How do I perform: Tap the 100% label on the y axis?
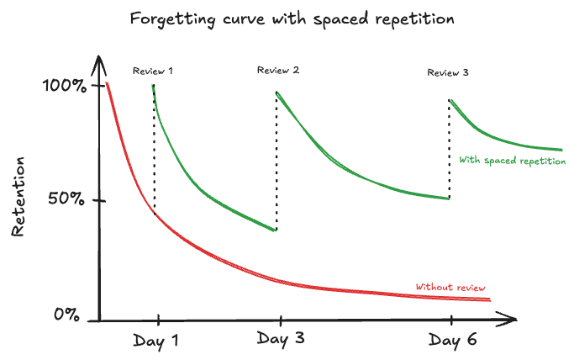tap(65, 86)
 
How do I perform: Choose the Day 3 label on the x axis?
tap(281, 339)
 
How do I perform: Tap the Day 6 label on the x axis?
tap(454, 340)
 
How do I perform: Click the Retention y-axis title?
tap(19, 196)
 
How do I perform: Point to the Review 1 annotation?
tap(153, 71)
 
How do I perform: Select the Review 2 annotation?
tap(278, 70)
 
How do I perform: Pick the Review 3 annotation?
tap(448, 72)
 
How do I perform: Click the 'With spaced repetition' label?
tap(512, 161)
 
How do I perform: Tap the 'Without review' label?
tap(450, 287)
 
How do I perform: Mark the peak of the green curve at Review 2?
tap(277, 93)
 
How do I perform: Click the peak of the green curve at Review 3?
tap(451, 101)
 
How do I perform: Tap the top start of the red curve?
tap(108, 84)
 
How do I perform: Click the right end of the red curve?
tap(490, 300)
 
